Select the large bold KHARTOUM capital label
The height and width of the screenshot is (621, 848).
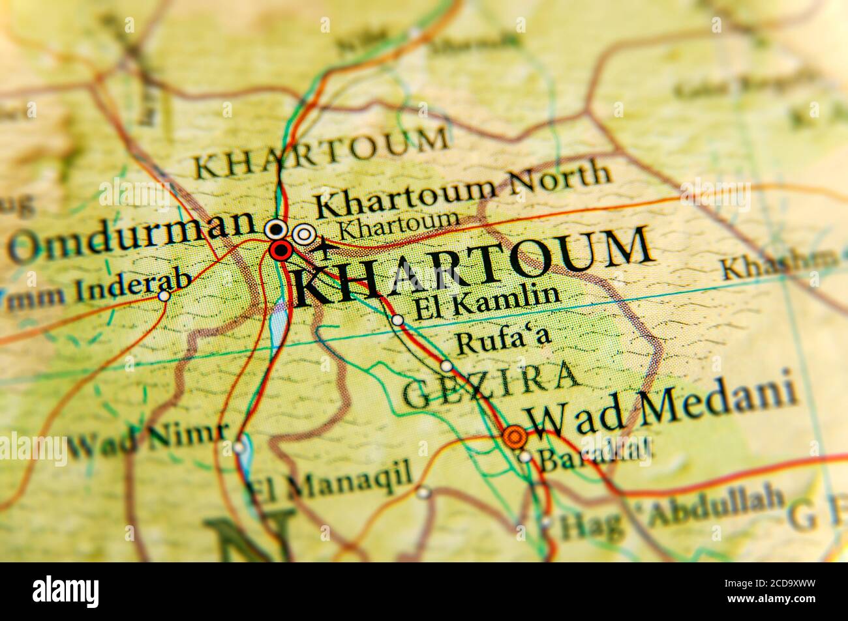[x=473, y=267]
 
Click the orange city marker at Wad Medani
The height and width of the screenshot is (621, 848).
[x=515, y=435]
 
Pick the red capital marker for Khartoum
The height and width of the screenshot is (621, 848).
[x=281, y=250]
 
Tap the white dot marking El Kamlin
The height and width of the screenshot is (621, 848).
[x=397, y=320]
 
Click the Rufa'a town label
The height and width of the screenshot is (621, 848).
[x=503, y=341]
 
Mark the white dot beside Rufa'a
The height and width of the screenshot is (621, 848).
[x=447, y=366]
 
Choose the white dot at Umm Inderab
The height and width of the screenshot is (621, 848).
[x=164, y=296]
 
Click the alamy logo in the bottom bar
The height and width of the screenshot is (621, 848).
[x=66, y=592]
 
